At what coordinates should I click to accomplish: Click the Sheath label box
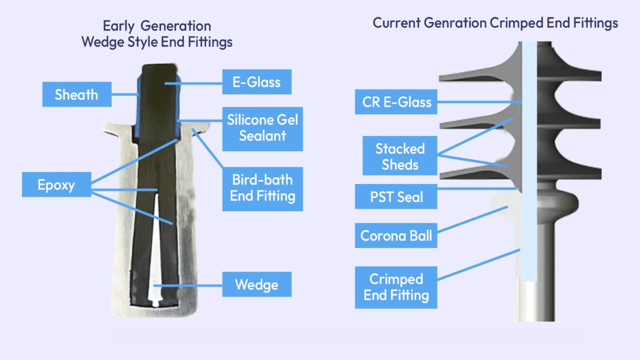click(x=77, y=94)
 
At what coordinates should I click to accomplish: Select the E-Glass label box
click(x=257, y=82)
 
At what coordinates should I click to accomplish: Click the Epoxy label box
click(x=56, y=184)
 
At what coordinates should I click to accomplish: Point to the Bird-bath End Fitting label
click(x=262, y=189)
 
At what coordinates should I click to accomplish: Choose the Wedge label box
click(x=257, y=284)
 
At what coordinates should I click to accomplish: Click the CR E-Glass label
click(x=396, y=102)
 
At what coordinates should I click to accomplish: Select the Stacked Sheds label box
click(x=400, y=156)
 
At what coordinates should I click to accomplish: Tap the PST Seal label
click(x=396, y=197)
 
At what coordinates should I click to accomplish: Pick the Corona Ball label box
click(x=396, y=235)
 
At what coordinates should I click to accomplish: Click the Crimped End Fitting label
click(x=396, y=287)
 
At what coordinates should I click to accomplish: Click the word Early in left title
click(x=118, y=26)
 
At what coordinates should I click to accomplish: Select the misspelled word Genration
click(x=455, y=23)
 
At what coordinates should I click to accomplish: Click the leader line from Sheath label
click(x=125, y=95)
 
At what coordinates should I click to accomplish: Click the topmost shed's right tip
click(x=597, y=75)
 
